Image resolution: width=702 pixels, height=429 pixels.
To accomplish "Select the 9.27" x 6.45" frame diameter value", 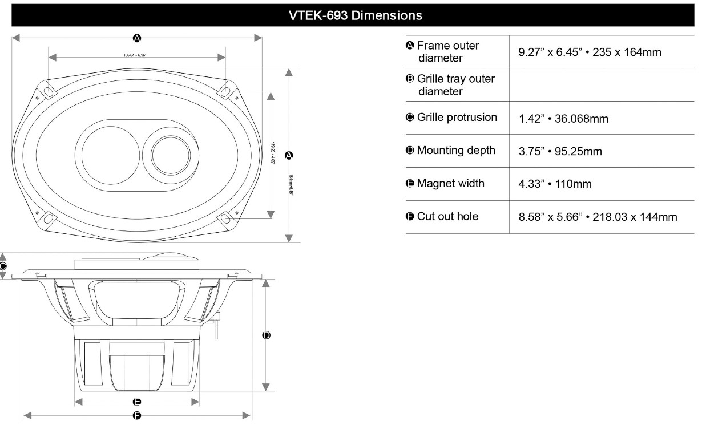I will (590, 52).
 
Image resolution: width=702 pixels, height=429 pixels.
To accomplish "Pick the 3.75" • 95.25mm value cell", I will (560, 152).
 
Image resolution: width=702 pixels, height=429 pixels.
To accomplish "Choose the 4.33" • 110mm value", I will (555, 184).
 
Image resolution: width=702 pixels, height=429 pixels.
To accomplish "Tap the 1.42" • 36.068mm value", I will (563, 119).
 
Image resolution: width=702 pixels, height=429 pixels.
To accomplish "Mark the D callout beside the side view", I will (266, 335).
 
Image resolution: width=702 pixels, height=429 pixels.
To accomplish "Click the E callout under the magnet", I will (137, 402).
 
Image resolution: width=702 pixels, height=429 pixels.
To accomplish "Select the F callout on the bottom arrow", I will (137, 415).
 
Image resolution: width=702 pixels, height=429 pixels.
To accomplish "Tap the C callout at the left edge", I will (3, 266).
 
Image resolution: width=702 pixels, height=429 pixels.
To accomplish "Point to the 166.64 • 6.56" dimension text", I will (137, 56).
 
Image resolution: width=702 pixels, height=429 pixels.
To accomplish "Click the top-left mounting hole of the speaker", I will (48, 92).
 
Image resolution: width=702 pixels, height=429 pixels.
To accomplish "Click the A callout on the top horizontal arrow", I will (137, 38).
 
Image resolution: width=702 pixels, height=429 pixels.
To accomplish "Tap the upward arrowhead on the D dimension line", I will (266, 283).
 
